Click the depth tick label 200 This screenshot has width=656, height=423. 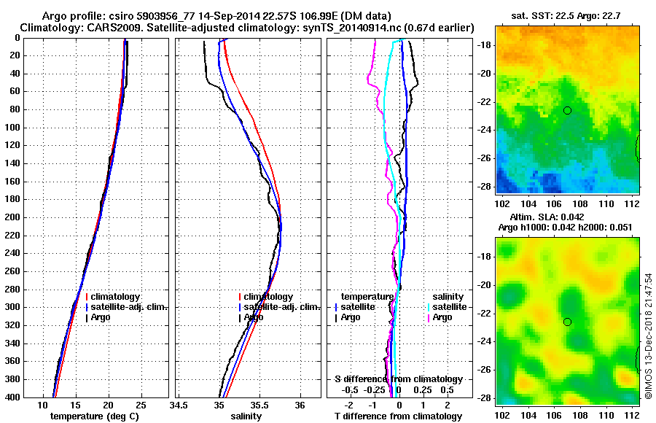(x=12, y=217)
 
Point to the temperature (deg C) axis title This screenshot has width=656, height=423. (x=94, y=416)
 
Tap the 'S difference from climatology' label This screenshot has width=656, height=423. (x=399, y=379)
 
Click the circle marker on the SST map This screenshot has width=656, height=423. (x=567, y=110)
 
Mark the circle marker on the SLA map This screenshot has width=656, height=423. (x=567, y=322)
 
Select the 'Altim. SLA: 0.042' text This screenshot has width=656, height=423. (x=566, y=217)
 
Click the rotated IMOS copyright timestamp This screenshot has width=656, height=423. (x=648, y=331)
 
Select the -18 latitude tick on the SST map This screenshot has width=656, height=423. (x=483, y=45)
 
